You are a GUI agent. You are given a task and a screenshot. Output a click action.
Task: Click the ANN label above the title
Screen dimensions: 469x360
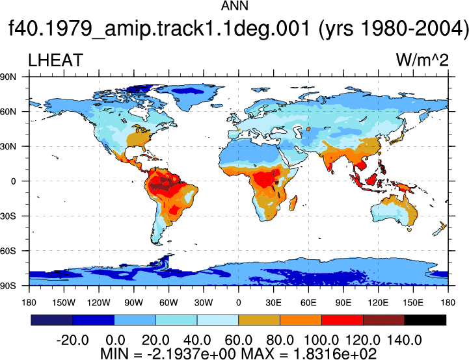point(234,6)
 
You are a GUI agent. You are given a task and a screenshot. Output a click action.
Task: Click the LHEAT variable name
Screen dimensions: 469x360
point(55,60)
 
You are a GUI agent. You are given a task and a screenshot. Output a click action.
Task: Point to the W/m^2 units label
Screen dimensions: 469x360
point(422,60)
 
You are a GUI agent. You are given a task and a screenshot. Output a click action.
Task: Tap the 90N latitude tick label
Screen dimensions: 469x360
point(8,77)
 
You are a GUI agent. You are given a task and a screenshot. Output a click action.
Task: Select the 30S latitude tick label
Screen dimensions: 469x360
point(8,216)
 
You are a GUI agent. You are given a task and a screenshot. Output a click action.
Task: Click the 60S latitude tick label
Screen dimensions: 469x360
point(8,251)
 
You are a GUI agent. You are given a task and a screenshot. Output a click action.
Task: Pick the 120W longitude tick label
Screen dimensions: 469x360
point(99,303)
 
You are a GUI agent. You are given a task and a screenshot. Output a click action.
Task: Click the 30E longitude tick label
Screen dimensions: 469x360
point(273,303)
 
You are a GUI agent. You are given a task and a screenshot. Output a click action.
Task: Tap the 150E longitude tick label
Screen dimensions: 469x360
point(413,303)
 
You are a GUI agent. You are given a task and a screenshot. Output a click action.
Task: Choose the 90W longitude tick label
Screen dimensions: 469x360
point(134,303)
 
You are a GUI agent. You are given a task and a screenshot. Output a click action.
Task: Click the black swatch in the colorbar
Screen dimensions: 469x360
point(425,320)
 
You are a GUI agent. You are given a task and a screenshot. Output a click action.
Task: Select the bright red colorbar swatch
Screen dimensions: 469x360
point(342,320)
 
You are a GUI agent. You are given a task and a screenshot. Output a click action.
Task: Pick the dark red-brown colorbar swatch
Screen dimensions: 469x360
point(384,320)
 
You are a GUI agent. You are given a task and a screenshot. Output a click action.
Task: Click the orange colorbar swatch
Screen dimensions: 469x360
point(301,320)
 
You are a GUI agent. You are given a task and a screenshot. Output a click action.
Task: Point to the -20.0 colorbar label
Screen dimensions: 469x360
point(72,340)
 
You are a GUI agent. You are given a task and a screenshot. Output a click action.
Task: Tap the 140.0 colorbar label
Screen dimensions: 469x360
point(405,340)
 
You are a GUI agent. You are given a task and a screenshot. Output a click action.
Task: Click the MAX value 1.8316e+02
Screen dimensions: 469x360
point(335,354)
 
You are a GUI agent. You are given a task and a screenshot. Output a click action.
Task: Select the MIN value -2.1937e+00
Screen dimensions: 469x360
point(191,354)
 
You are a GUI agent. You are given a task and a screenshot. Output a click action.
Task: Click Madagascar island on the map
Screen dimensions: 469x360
point(293,203)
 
